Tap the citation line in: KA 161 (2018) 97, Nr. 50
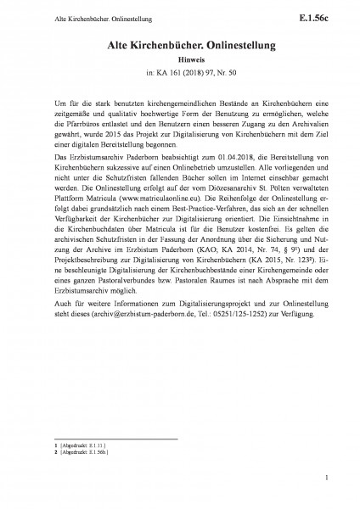pyautogui.click(x=179, y=76)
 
